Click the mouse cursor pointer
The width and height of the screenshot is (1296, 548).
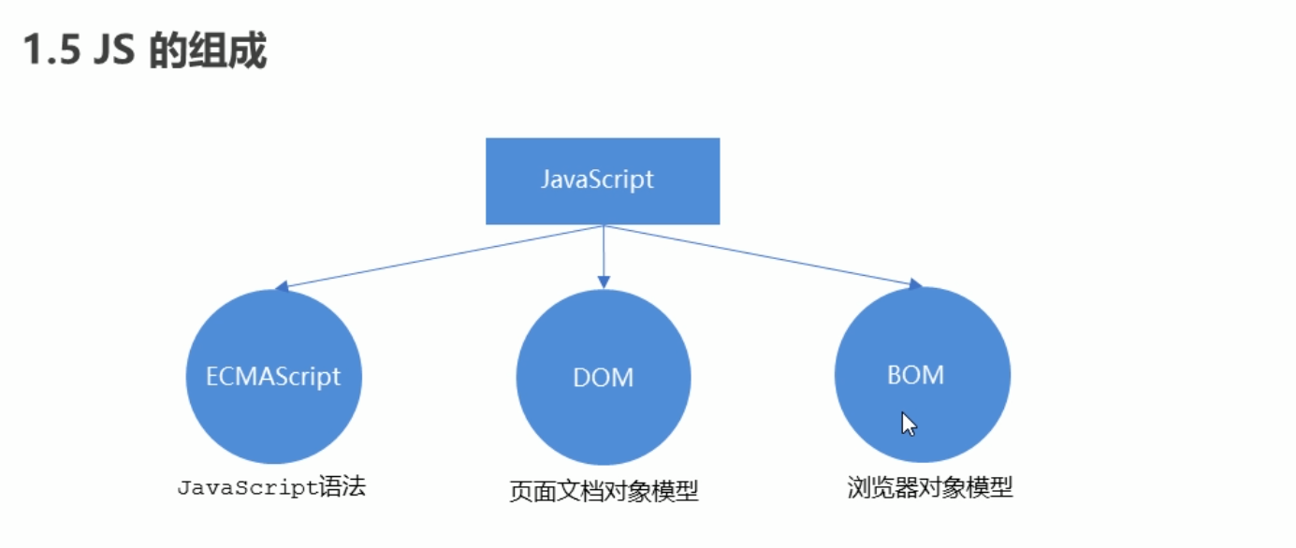pos(908,425)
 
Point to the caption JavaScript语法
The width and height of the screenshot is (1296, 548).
pos(270,487)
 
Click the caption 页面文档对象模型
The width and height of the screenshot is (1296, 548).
pos(604,491)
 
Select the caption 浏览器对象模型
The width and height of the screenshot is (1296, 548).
pos(930,487)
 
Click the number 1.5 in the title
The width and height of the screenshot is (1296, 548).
pos(51,52)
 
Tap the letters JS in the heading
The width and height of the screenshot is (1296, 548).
pos(113,52)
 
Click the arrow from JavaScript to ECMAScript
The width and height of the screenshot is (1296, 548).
pos(440,256)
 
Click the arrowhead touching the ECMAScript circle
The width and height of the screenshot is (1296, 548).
pos(282,287)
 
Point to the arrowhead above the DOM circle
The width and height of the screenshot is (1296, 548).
pos(604,281)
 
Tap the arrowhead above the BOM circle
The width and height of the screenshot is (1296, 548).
pos(915,284)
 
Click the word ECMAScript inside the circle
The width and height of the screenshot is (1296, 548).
pos(273,377)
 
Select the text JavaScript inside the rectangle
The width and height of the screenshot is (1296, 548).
pos(597,180)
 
